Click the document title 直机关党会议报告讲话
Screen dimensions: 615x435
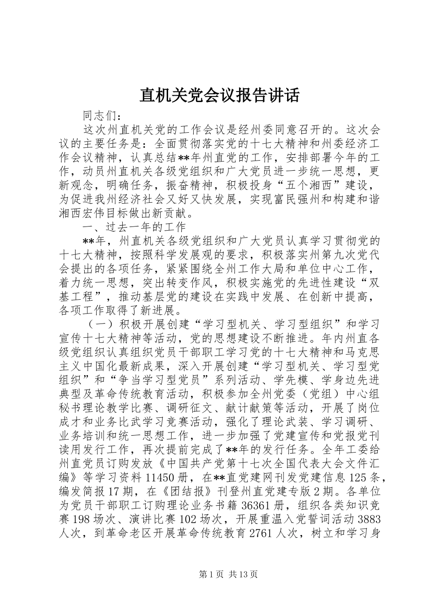219,95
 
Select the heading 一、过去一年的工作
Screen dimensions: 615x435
134,227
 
